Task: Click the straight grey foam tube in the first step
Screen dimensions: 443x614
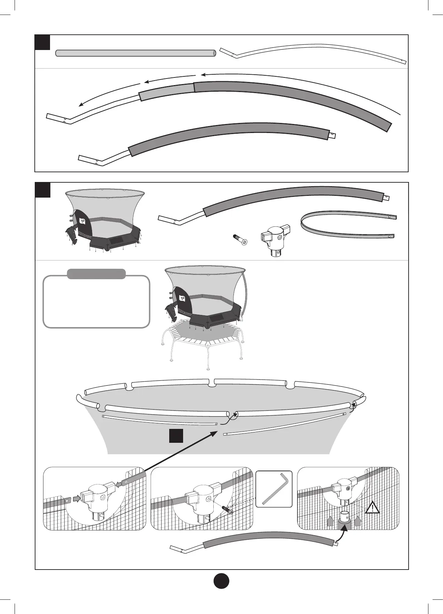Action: click(x=136, y=53)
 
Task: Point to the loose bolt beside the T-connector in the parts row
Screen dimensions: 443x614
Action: click(x=239, y=240)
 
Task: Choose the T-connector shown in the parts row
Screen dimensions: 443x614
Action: click(x=275, y=240)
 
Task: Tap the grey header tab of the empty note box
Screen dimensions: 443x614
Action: click(x=96, y=274)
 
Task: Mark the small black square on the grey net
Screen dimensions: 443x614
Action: click(x=176, y=436)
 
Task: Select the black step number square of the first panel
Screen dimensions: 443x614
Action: click(x=43, y=42)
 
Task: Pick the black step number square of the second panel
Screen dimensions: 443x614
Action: click(x=43, y=190)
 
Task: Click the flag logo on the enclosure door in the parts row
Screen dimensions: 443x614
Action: click(x=83, y=221)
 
